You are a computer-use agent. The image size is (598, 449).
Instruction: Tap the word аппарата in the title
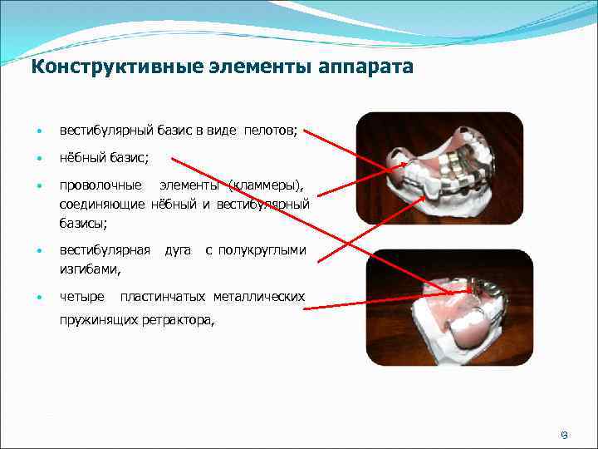tap(365, 66)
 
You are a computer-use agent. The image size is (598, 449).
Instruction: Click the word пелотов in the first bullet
tap(273, 131)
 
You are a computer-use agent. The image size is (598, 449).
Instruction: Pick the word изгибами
tap(90, 269)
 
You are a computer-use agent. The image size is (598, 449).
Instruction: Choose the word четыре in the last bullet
tap(82, 297)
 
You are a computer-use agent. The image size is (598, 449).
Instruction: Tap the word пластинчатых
tap(163, 297)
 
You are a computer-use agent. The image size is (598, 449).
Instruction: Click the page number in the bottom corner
tap(562, 433)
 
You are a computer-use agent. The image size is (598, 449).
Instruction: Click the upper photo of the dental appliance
tap(439, 167)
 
